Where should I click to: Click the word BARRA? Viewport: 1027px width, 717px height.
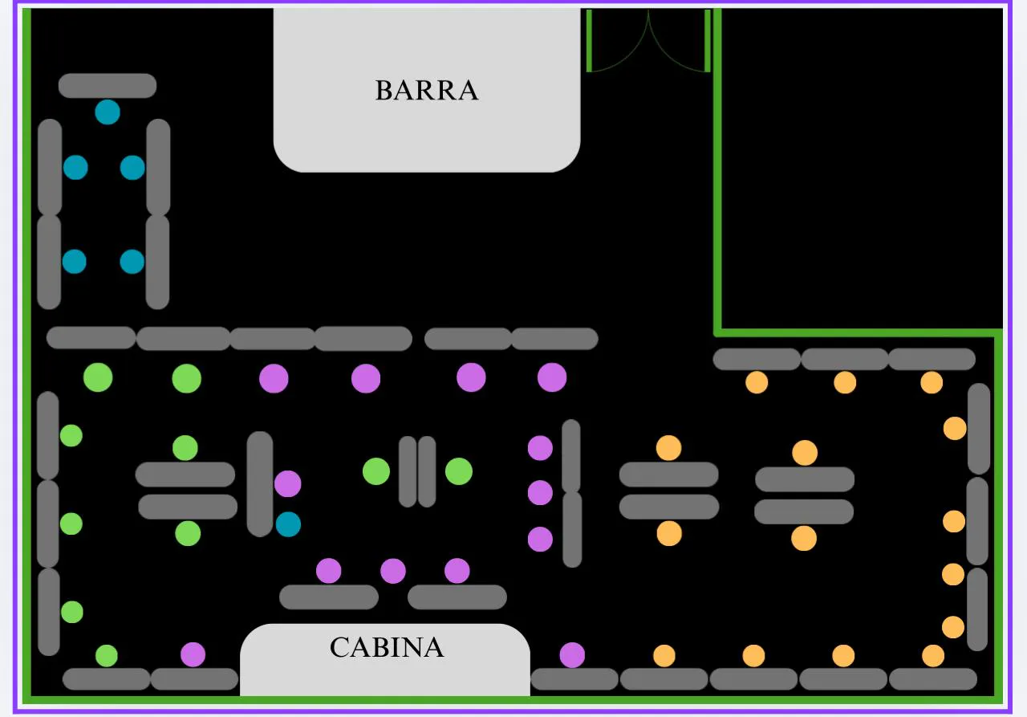coord(426,90)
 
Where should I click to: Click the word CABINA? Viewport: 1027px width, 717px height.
coord(386,647)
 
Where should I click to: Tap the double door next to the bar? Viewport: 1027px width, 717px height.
coord(648,42)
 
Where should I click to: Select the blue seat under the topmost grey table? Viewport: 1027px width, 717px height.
coord(108,112)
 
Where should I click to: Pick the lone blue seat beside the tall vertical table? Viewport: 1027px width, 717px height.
coord(288,524)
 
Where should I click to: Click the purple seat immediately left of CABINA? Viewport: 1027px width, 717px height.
coord(193,654)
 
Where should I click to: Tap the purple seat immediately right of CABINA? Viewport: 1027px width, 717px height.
coord(572,654)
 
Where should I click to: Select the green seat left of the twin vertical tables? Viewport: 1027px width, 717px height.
coord(375,471)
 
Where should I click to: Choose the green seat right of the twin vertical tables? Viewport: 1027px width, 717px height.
coord(459,471)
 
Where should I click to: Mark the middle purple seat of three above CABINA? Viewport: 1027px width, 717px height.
coord(393,571)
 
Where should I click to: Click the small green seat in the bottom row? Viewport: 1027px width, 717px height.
coord(107,655)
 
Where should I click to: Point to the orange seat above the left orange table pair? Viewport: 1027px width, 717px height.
coord(668,447)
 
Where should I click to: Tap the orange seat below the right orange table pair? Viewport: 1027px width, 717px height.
coord(804,538)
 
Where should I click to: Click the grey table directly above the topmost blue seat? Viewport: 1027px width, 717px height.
coord(108,86)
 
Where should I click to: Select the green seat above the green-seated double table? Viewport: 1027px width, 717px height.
coord(185,447)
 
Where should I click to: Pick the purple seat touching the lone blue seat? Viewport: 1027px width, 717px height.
coord(287,483)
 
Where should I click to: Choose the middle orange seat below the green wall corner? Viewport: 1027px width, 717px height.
coord(845,382)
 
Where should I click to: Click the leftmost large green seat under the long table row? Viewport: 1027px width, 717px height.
coord(98,377)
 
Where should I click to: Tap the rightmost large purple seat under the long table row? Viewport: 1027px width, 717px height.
coord(552,377)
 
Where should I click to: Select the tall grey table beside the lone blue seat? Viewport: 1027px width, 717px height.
coord(260,483)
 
